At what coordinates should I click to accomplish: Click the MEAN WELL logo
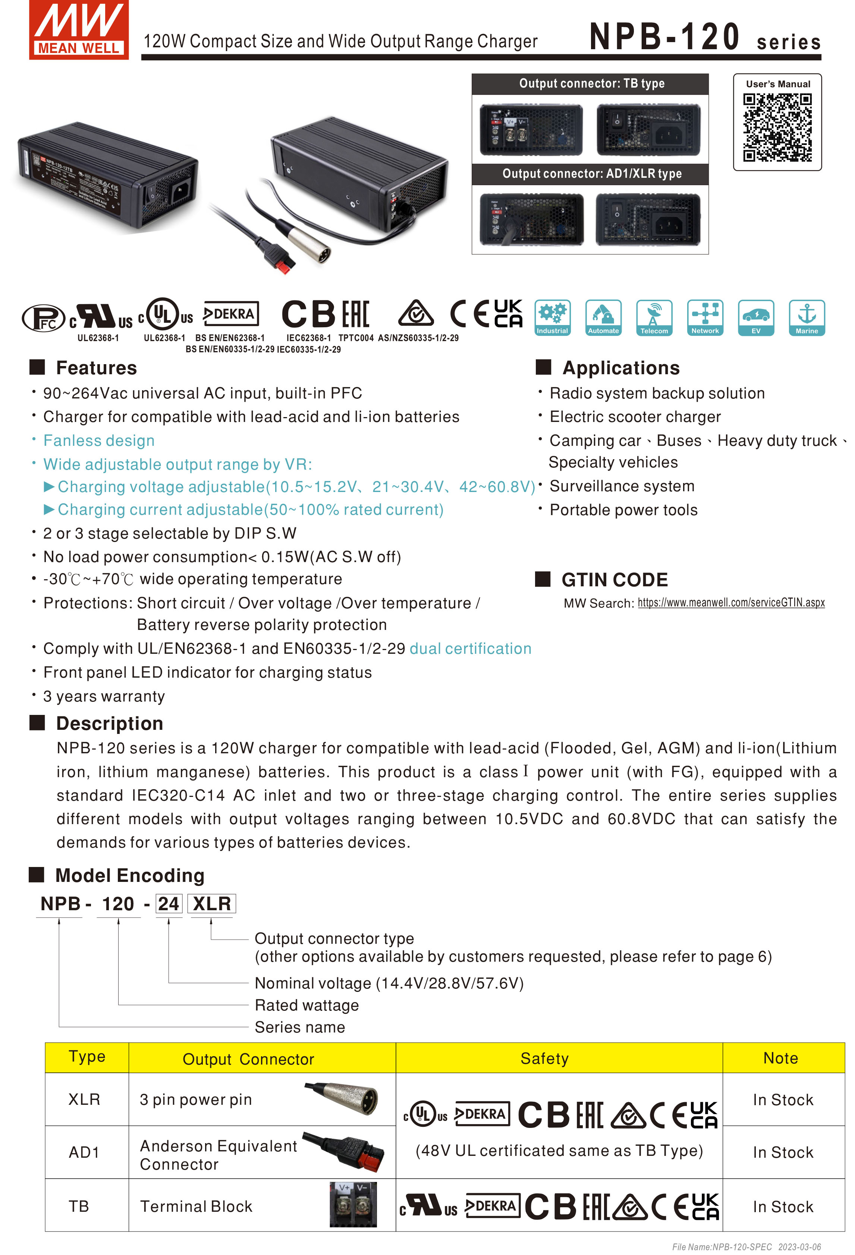[x=79, y=30]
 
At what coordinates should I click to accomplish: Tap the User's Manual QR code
[x=777, y=127]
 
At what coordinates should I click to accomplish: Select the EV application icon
[x=755, y=318]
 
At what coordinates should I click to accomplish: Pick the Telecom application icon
[x=654, y=318]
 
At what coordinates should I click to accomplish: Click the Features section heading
[x=96, y=368]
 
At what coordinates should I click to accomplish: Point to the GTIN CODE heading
[x=614, y=580]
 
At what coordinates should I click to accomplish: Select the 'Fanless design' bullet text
[x=99, y=441]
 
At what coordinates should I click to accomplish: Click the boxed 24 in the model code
[x=169, y=904]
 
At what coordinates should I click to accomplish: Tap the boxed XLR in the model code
[x=212, y=904]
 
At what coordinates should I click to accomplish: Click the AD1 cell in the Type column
[x=84, y=1152]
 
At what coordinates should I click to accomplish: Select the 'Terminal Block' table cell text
[x=196, y=1207]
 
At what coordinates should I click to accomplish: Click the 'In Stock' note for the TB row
[x=783, y=1207]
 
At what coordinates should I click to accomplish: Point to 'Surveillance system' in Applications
[x=622, y=486]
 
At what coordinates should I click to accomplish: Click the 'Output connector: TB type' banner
[x=591, y=84]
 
